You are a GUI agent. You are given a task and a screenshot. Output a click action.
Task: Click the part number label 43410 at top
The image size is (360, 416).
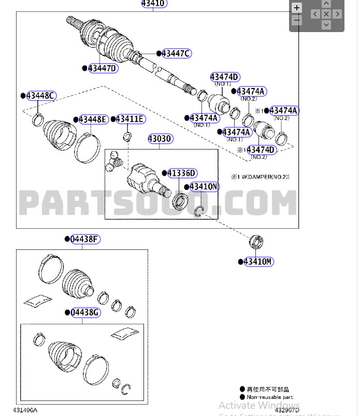click(154, 4)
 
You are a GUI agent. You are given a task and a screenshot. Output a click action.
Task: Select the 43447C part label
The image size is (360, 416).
click(176, 53)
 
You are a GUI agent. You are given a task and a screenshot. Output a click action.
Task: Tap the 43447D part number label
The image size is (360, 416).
click(103, 68)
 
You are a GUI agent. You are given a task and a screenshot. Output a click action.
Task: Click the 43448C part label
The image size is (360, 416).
click(41, 96)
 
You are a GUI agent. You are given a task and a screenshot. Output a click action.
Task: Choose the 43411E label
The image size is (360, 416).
click(130, 119)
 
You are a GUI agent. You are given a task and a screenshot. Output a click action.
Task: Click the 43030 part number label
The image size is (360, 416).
click(160, 139)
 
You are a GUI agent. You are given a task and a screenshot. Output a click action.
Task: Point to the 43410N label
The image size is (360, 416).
click(204, 187)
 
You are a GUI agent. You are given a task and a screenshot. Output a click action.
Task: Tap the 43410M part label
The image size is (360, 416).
click(258, 262)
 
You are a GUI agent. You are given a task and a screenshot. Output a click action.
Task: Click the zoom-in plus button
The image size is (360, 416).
click(297, 8)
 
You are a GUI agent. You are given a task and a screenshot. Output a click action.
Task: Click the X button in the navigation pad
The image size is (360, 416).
click(326, 14)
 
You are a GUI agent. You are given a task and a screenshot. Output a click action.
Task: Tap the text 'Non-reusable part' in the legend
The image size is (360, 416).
click(270, 397)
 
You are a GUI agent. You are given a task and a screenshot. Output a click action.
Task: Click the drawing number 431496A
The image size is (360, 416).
click(25, 410)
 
